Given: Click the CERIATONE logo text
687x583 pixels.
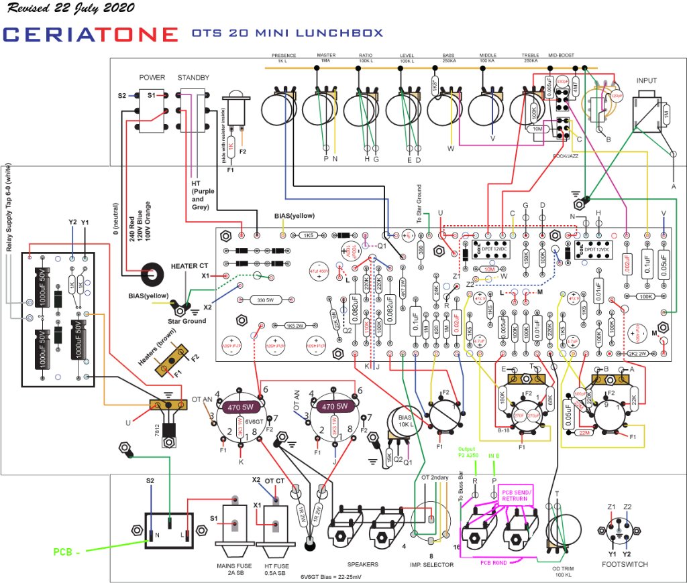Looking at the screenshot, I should point(91,34).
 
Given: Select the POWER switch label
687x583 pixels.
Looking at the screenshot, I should point(152,78).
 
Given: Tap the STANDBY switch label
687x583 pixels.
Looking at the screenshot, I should point(194,78).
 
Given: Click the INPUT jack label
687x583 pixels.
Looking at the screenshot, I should point(647,81).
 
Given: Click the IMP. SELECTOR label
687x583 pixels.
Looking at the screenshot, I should point(432,565).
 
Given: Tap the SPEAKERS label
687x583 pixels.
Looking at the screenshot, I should point(362,564).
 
